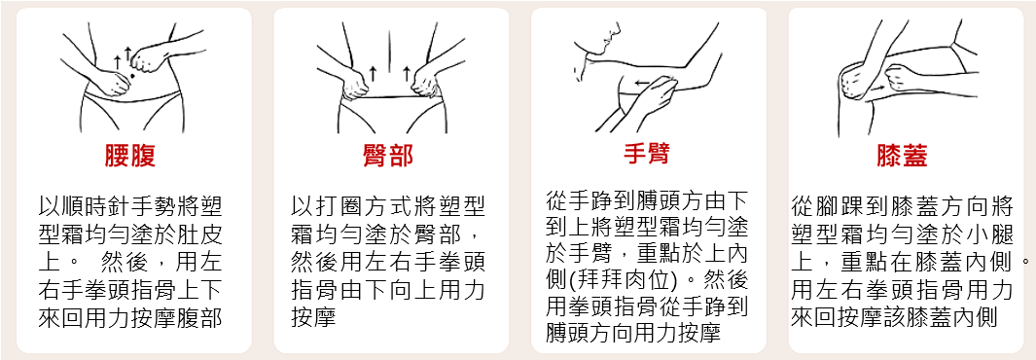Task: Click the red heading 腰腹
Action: point(130,156)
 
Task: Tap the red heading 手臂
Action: point(645,154)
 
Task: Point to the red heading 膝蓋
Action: point(902,156)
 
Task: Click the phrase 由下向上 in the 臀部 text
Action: point(394,290)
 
